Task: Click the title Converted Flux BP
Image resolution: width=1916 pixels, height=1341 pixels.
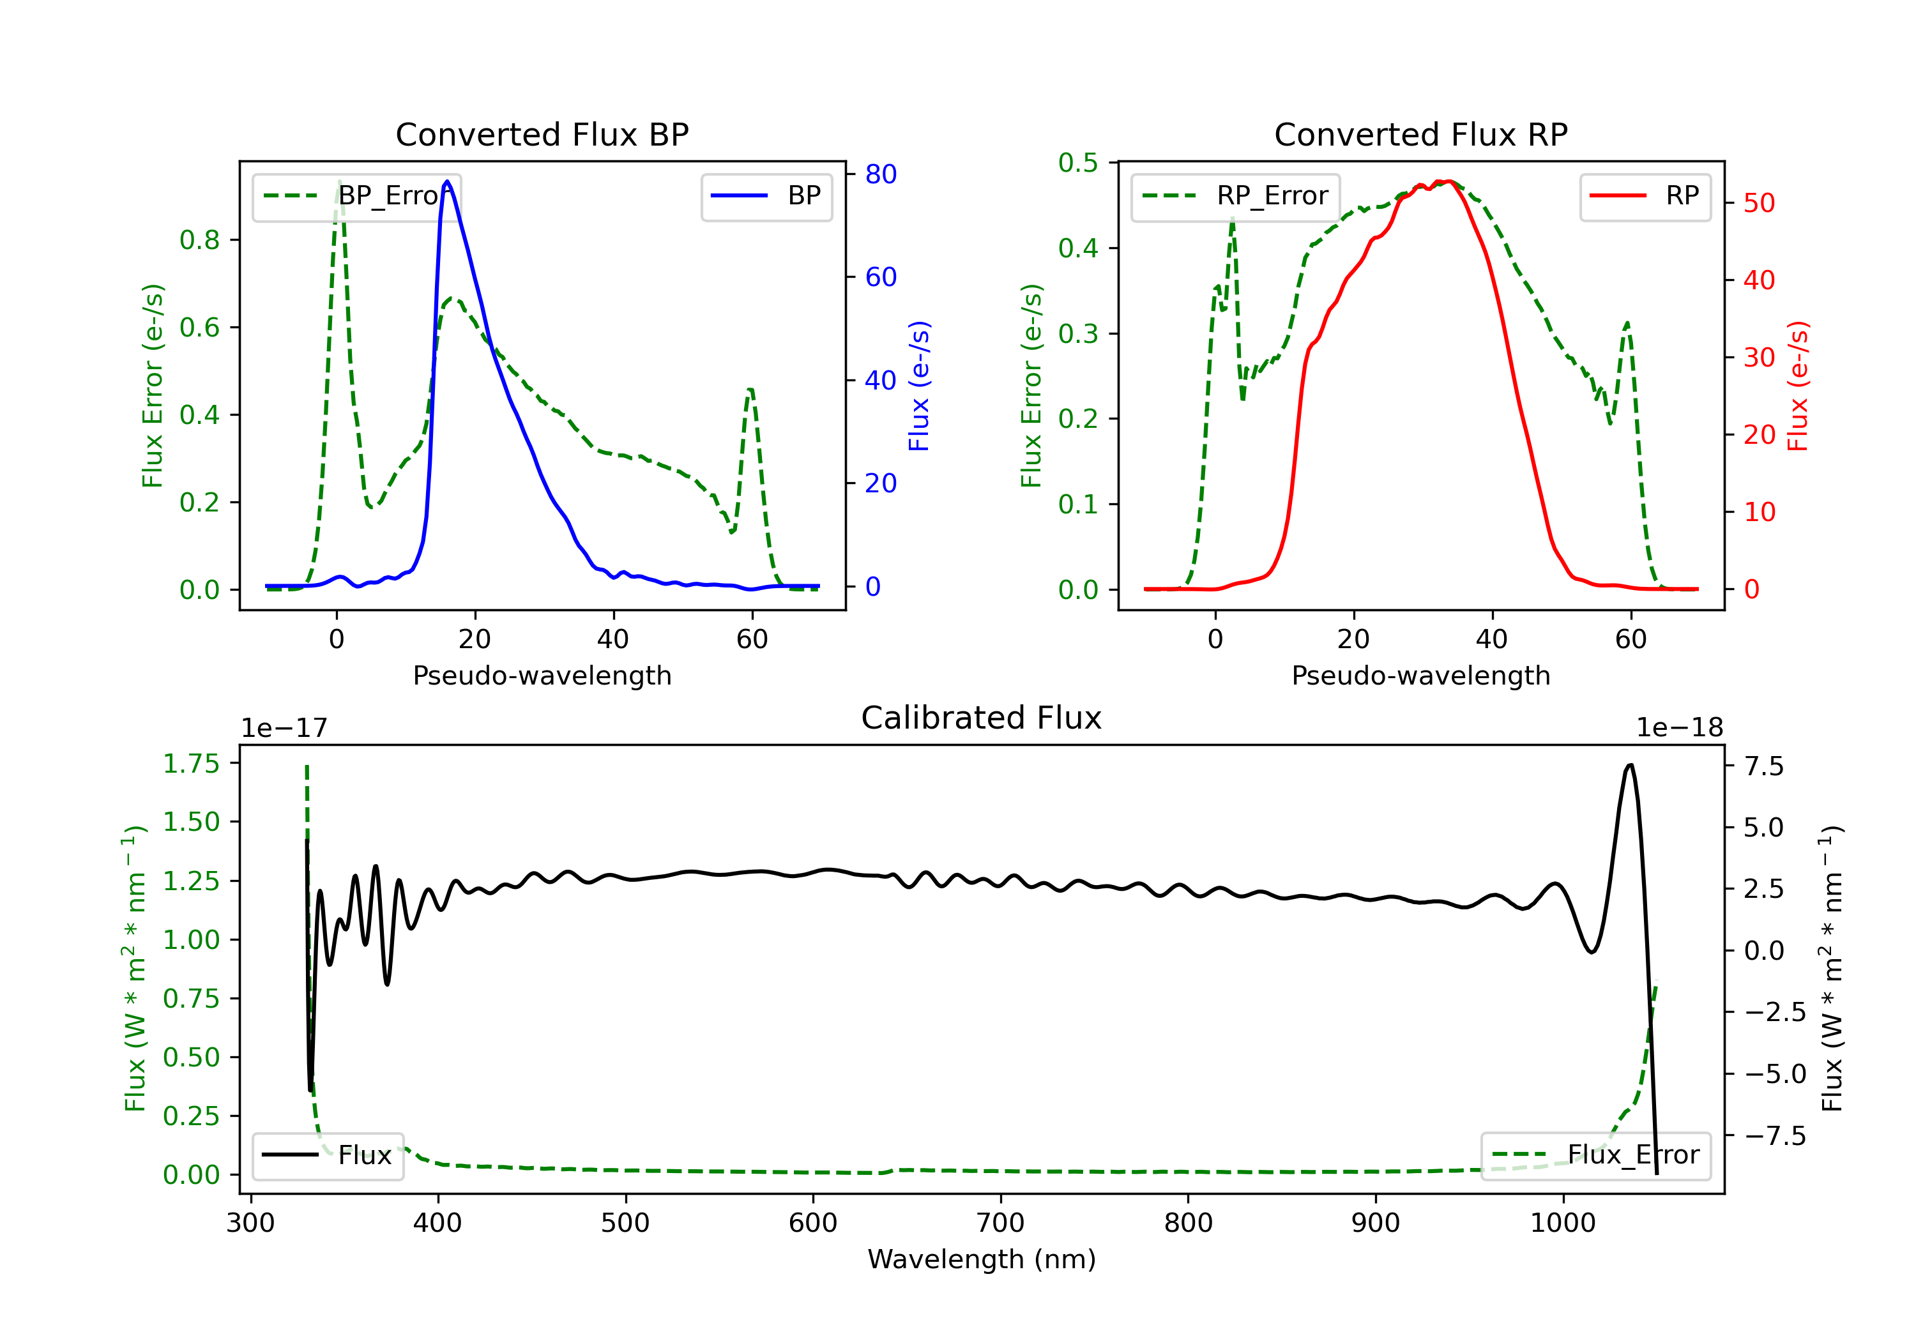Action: pyautogui.click(x=542, y=134)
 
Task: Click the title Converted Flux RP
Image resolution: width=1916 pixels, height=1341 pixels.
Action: pyautogui.click(x=1420, y=134)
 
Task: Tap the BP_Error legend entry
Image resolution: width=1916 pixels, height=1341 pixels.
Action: pyautogui.click(x=356, y=196)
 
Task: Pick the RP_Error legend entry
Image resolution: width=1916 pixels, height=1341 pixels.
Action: pyautogui.click(x=1235, y=196)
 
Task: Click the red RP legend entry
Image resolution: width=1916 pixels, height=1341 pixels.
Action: pyautogui.click(x=1645, y=196)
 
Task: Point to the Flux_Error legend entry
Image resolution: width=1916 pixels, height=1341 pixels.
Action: pyautogui.click(x=1595, y=1155)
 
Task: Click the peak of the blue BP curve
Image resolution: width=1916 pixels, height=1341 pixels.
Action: pyautogui.click(x=447, y=181)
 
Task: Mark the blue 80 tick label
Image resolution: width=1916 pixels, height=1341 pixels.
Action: pyautogui.click(x=880, y=174)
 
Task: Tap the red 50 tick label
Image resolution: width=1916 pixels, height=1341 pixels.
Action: pyautogui.click(x=1759, y=203)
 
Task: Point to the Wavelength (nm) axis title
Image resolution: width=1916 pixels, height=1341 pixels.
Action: pyautogui.click(x=982, y=1259)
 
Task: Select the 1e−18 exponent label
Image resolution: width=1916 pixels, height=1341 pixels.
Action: pyautogui.click(x=1679, y=728)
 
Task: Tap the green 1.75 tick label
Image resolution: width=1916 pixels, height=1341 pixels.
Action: pyautogui.click(x=190, y=764)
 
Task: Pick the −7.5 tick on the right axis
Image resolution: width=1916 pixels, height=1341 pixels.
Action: pyautogui.click(x=1775, y=1136)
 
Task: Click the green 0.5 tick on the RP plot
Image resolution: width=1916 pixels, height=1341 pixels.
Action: pyautogui.click(x=1078, y=163)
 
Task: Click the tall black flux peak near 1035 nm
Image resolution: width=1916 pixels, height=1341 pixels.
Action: pyautogui.click(x=1630, y=765)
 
